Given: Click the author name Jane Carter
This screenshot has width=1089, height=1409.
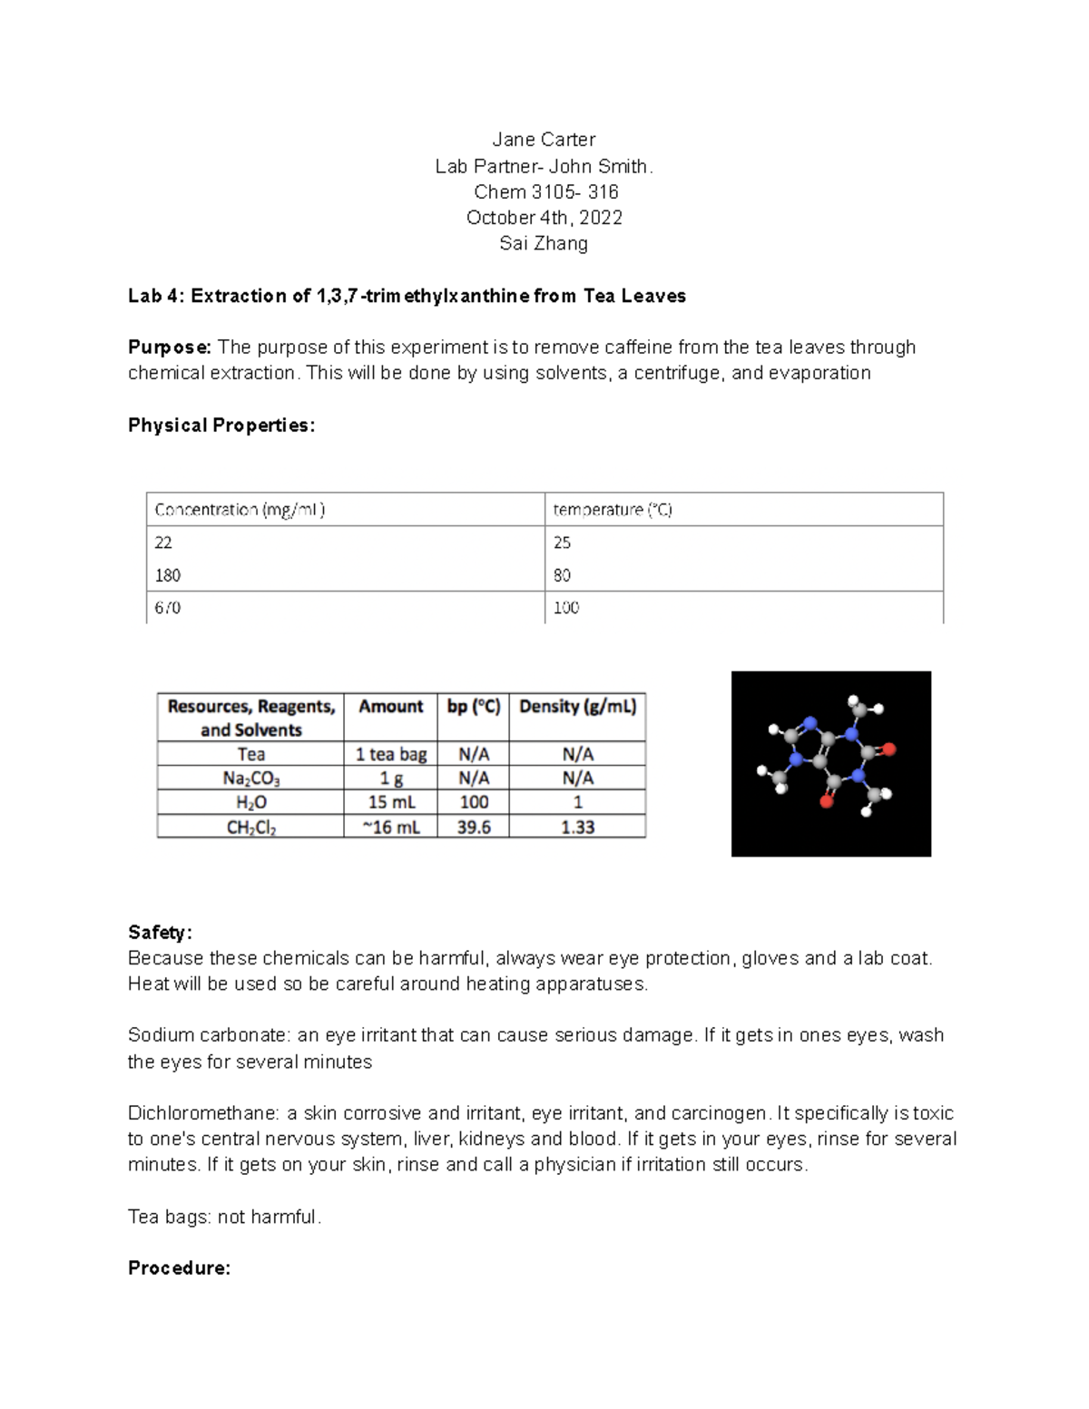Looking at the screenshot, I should tap(544, 140).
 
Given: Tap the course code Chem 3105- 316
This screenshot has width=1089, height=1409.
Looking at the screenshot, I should tap(545, 192).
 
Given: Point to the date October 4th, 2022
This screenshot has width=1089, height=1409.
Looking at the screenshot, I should tap(544, 218).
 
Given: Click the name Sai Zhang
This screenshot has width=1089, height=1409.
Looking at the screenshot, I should tap(544, 243).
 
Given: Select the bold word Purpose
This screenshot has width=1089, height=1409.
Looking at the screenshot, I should tap(169, 347).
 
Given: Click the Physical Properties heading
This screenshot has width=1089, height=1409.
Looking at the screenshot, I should tap(221, 426).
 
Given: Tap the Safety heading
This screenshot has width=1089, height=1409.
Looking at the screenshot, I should tap(160, 933).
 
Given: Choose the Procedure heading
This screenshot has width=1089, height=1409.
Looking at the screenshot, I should tap(179, 1268).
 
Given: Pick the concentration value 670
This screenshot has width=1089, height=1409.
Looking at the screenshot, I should tap(168, 608).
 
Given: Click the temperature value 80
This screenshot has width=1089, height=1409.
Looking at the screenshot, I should tap(562, 575).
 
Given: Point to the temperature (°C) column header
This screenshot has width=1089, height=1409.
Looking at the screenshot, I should tap(613, 510).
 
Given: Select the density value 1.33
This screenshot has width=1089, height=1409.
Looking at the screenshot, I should tap(577, 827).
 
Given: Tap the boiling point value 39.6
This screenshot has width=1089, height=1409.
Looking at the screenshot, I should tap(474, 827).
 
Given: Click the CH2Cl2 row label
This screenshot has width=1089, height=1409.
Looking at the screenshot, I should tap(250, 827).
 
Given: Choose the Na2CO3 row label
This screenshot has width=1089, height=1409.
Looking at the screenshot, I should tap(250, 778).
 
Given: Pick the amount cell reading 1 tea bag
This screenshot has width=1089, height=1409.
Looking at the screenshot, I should tap(390, 754).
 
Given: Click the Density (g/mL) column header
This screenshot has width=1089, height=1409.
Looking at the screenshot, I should tap(577, 707).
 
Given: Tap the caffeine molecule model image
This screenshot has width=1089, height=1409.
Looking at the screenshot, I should tap(830, 763).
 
